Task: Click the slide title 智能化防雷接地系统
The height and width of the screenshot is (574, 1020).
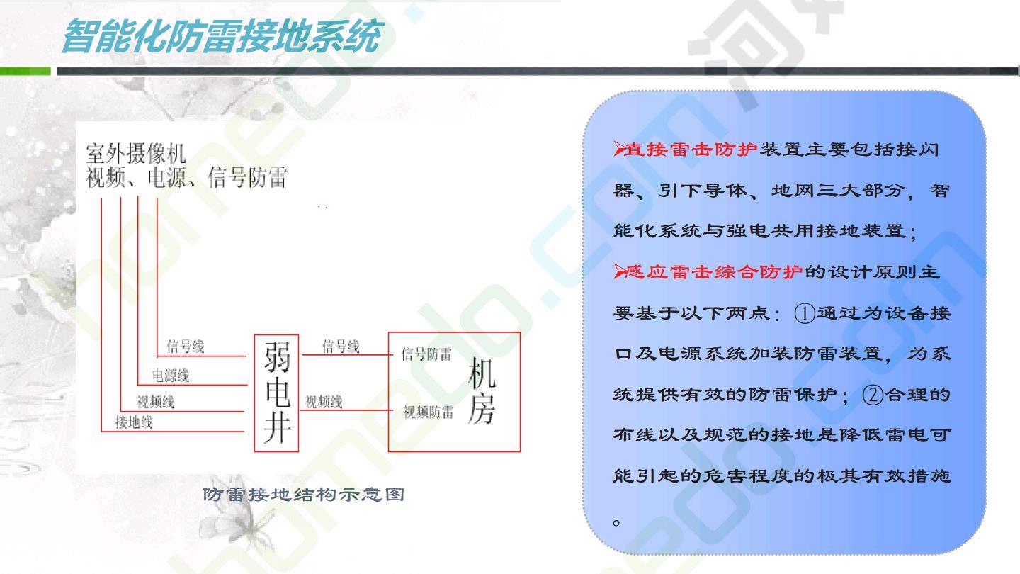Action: [222, 36]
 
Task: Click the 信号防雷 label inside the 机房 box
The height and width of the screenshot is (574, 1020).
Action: [426, 354]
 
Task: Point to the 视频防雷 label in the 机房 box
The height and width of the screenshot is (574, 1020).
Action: [429, 412]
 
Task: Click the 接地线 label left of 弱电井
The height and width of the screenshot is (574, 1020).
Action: [134, 422]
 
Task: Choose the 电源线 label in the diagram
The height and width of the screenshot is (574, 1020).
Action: [170, 376]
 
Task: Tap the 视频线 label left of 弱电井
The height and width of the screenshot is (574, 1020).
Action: [156, 401]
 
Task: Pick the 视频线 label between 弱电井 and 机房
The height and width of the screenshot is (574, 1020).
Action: [323, 401]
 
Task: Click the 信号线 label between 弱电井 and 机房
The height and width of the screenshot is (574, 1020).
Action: [341, 347]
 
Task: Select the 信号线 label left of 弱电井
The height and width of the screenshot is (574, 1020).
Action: [186, 347]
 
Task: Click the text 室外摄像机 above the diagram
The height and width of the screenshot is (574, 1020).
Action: [136, 153]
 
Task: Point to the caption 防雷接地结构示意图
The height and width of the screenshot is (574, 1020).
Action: [304, 495]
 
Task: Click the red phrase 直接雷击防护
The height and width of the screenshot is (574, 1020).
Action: [691, 150]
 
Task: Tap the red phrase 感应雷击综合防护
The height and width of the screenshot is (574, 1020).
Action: [713, 272]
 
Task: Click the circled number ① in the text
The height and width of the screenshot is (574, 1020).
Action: [804, 313]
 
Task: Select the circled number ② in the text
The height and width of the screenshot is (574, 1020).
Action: [873, 395]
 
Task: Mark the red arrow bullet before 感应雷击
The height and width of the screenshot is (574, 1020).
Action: [619, 271]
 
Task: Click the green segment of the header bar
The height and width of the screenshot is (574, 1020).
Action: [25, 71]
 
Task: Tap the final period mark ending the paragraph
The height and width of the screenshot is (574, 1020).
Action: [616, 522]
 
